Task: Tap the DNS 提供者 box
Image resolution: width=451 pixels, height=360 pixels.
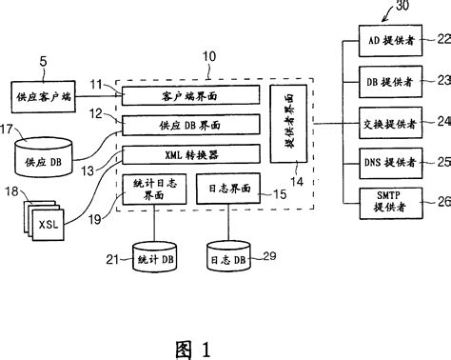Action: coord(386,162)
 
